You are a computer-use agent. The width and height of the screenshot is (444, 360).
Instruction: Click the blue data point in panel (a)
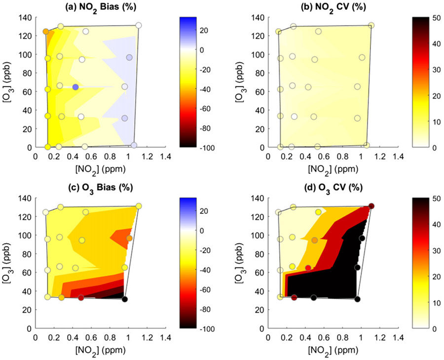[75, 87]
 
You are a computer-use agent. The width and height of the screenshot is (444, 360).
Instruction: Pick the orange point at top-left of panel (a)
[46, 32]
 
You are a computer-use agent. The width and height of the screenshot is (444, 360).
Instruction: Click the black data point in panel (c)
[125, 299]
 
